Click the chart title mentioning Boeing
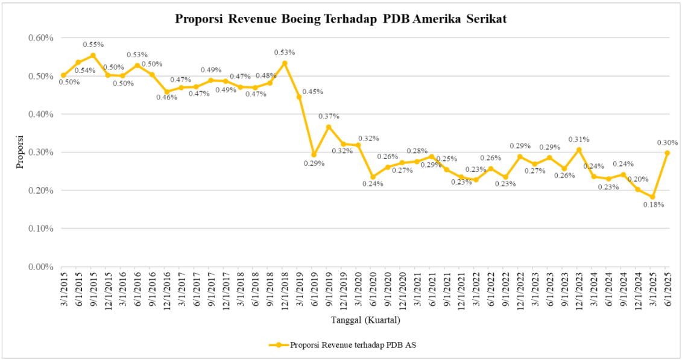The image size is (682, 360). (x=341, y=19)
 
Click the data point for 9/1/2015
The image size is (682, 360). (x=93, y=55)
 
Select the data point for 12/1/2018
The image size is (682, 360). (x=285, y=63)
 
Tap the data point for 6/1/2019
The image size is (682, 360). (x=314, y=154)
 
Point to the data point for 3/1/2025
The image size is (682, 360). (x=652, y=197)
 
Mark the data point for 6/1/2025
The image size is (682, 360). (x=667, y=153)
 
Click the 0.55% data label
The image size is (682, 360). (x=93, y=45)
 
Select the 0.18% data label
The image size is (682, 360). (x=653, y=205)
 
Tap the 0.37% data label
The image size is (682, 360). (x=329, y=116)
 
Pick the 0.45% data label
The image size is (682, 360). (x=313, y=92)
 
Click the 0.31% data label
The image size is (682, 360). (x=578, y=139)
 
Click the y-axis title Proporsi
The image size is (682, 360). (x=20, y=153)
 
